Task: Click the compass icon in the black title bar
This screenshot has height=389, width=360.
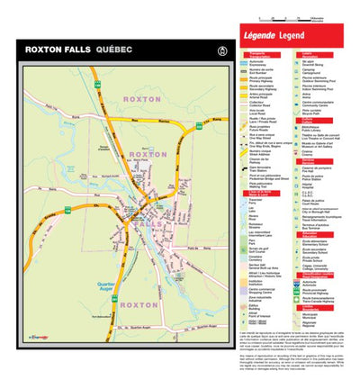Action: point(211,49)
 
